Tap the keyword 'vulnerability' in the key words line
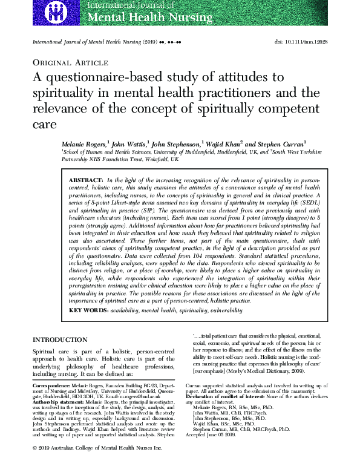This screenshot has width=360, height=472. pos(224,310)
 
